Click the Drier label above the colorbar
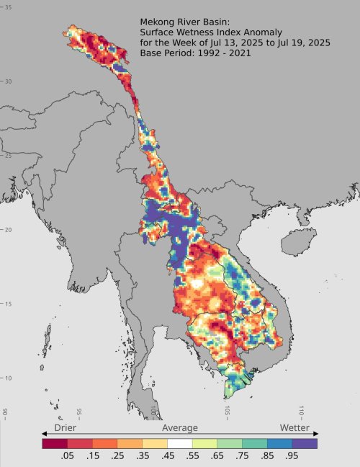click(66, 428)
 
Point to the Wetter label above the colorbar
click(294, 428)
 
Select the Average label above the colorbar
click(179, 428)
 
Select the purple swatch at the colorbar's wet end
click(306, 443)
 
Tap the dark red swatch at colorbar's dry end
click(55, 443)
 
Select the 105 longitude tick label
click(228, 411)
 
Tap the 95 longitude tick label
click(79, 414)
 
